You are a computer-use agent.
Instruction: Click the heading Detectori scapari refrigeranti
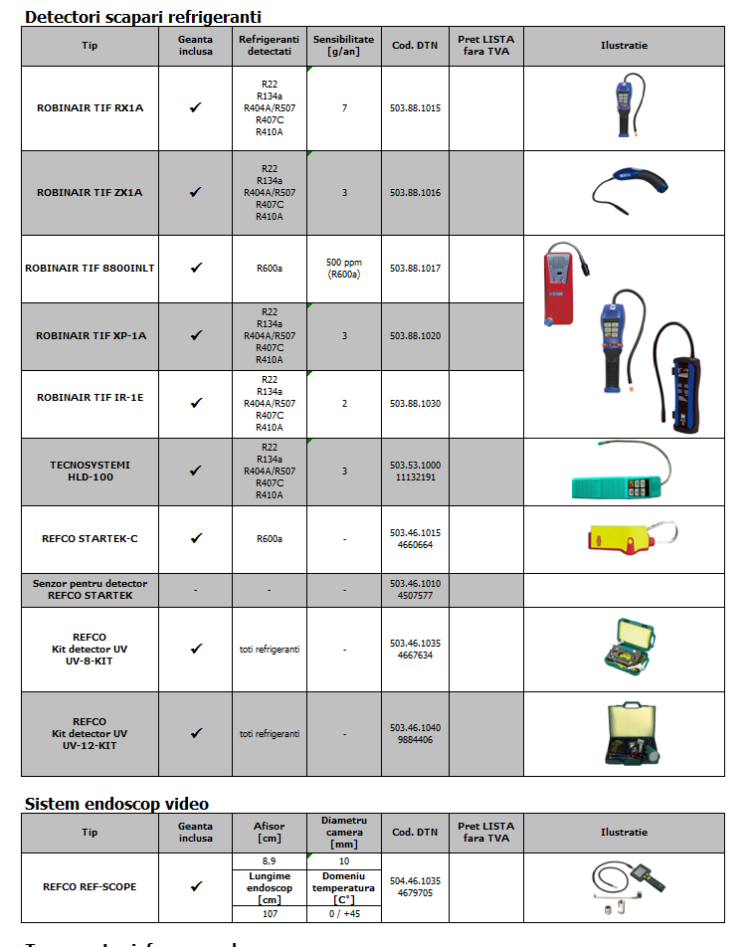[x=142, y=17]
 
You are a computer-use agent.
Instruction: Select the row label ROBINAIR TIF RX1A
[x=90, y=107]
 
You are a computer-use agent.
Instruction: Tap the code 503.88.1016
[x=415, y=192]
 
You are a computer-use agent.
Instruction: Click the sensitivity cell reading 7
[x=344, y=107]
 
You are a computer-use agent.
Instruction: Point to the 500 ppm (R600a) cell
[x=344, y=268]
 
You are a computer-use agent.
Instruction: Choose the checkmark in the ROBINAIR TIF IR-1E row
[x=196, y=403]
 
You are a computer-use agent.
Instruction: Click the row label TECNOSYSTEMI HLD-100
[x=90, y=471]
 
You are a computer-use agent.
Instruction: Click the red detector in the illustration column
[x=562, y=284]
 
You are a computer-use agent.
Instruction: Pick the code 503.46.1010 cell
[x=415, y=589]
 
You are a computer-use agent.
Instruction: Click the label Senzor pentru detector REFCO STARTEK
[x=90, y=589]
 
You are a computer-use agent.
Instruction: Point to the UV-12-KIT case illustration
[x=624, y=734]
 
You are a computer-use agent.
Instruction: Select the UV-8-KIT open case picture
[x=624, y=650]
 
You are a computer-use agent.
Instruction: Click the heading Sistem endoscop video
[x=115, y=803]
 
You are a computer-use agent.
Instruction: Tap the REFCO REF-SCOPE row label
[x=90, y=885]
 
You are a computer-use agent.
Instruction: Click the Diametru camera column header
[x=344, y=832]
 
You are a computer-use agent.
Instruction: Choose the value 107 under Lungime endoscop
[x=269, y=913]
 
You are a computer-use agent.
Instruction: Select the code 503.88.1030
[x=415, y=403]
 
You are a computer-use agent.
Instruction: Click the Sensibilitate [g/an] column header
[x=344, y=45]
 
